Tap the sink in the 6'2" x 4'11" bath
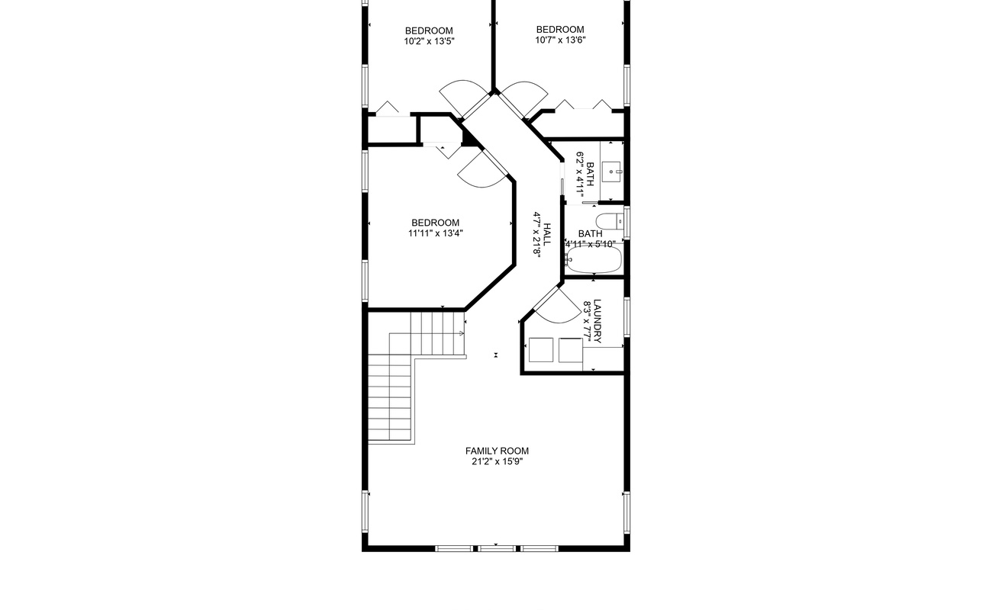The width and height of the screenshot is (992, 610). pos(612,172)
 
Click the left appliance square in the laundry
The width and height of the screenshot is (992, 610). pos(541,349)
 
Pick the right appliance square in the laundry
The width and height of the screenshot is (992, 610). pos(570,349)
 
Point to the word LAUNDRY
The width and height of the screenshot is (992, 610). pos(597,320)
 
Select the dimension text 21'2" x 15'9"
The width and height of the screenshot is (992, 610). pos(497,461)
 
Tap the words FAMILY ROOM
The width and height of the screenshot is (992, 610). pos(497,451)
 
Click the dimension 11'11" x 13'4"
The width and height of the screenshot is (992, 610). pos(435,233)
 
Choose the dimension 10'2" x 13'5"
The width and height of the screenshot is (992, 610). pos(429,41)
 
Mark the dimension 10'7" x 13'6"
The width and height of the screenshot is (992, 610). pos(560,40)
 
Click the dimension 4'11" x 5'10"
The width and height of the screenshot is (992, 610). pos(590,244)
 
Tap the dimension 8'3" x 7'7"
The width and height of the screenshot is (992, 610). pos(588,320)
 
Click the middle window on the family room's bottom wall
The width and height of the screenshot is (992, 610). pos(496,548)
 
